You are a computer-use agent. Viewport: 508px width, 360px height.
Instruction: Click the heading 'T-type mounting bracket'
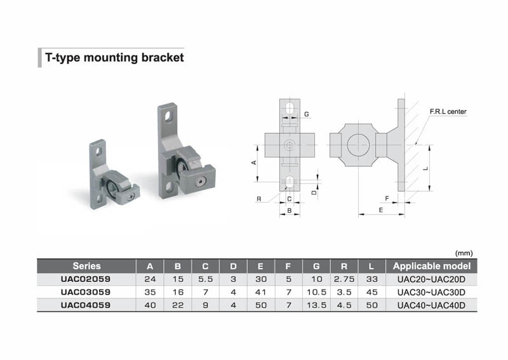pos(114,57)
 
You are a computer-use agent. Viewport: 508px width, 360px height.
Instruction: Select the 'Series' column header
pos(86,266)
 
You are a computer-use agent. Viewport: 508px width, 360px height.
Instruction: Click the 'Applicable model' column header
pos(432,266)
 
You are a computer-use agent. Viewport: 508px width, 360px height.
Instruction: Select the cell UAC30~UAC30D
pos(432,292)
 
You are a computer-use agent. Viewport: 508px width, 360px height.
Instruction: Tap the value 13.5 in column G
pos(316,305)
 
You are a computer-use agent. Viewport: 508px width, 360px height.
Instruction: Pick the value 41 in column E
pos(260,292)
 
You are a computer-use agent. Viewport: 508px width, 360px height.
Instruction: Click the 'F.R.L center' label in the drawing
pos(448,112)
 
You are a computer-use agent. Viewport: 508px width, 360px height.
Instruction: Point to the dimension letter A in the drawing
pos(254,163)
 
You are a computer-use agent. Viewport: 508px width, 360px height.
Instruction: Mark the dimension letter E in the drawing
pos(381,209)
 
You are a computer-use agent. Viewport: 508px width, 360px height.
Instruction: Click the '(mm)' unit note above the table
pos(464,253)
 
